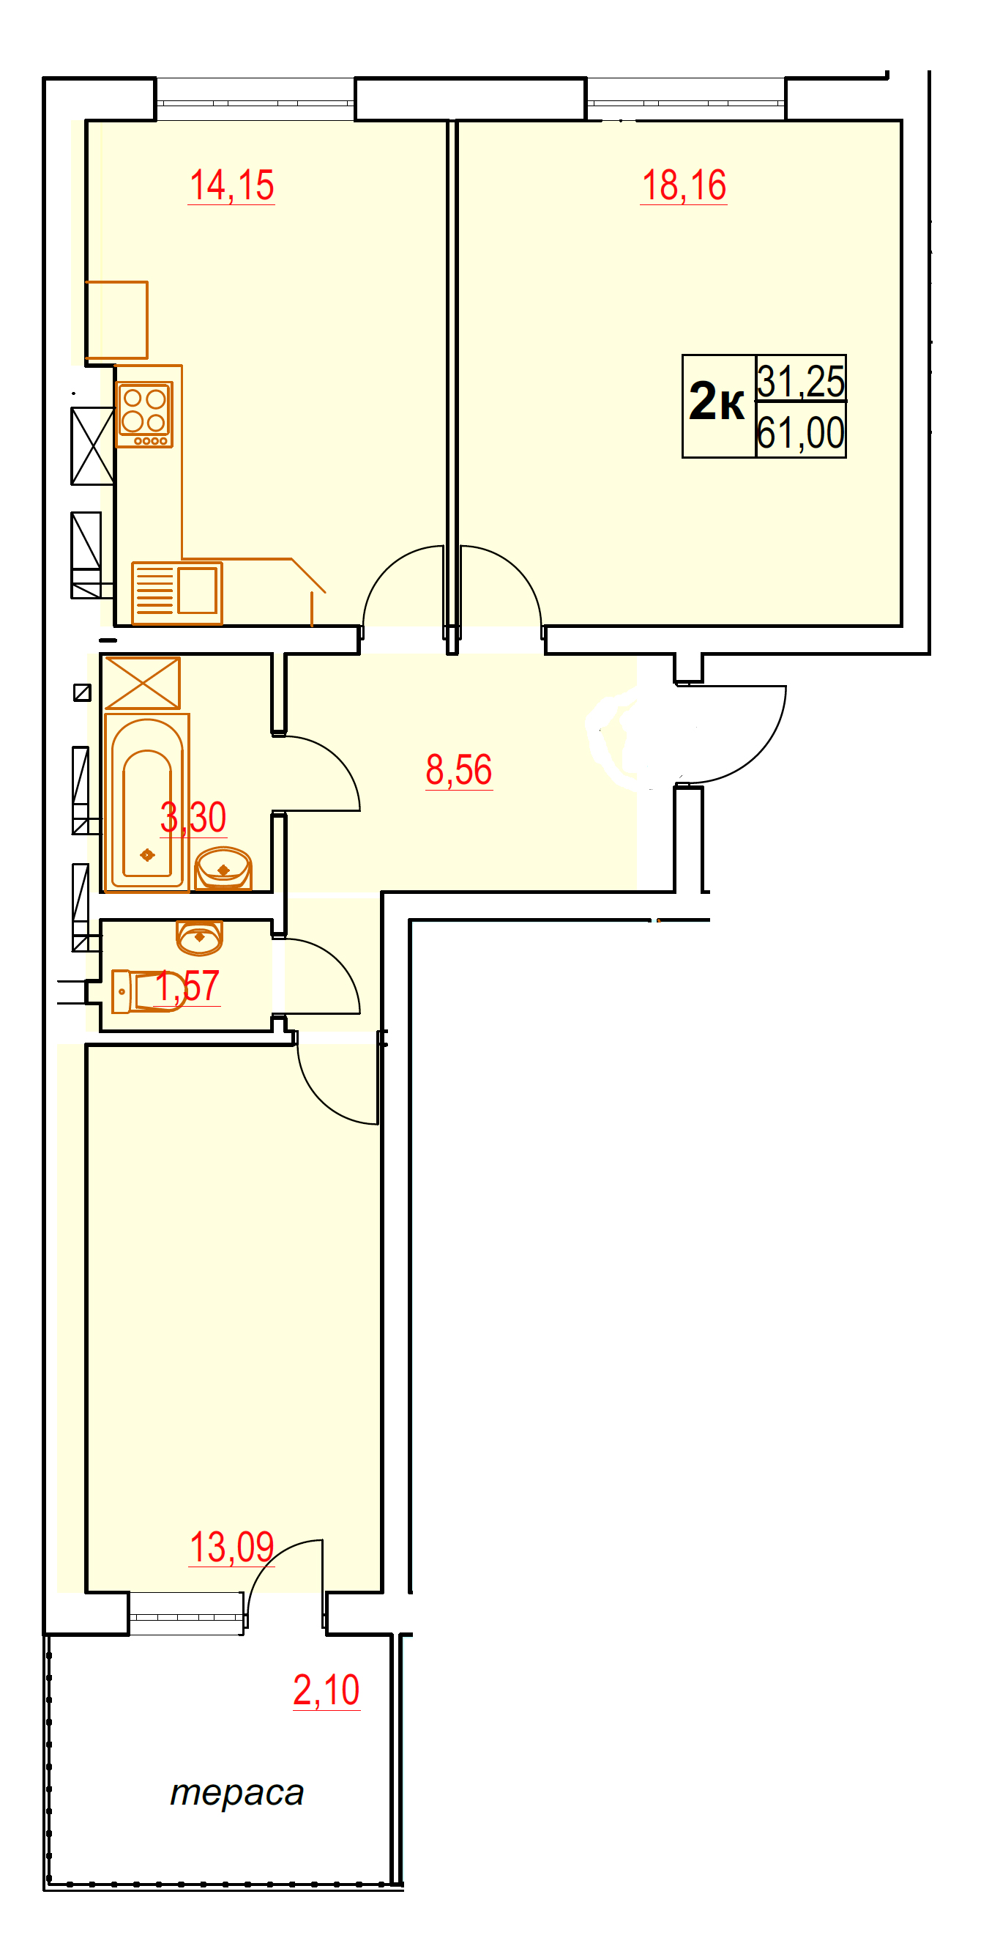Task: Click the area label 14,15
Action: [x=231, y=185]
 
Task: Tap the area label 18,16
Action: [x=684, y=185]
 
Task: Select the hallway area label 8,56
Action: [x=459, y=769]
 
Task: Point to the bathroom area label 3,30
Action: [x=193, y=817]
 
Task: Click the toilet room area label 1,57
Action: [x=187, y=985]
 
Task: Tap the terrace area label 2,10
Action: [x=327, y=1690]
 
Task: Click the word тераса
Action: [x=237, y=1794]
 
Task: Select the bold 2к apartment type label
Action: [x=717, y=401]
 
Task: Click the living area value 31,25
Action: [x=801, y=381]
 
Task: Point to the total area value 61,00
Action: [x=801, y=432]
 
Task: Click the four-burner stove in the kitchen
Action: [x=144, y=415]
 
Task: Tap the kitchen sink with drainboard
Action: [x=177, y=593]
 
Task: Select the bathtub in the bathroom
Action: [x=147, y=803]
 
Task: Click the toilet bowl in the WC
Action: [x=149, y=991]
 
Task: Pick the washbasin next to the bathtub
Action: [x=223, y=868]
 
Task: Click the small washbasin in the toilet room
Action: [x=199, y=935]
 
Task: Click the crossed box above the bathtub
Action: [x=143, y=683]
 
